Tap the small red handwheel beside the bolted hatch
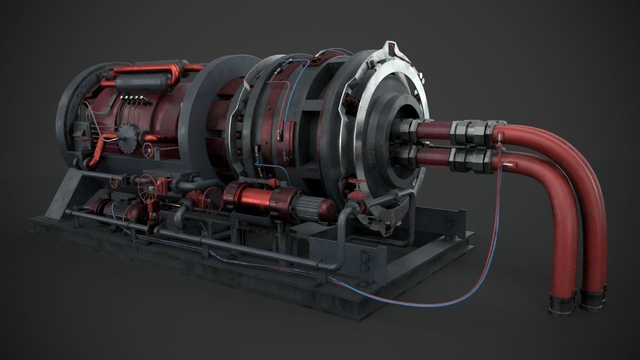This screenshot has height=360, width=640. [148, 149]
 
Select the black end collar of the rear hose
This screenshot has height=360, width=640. [593, 298]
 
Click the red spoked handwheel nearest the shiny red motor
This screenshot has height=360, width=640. [212, 198]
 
